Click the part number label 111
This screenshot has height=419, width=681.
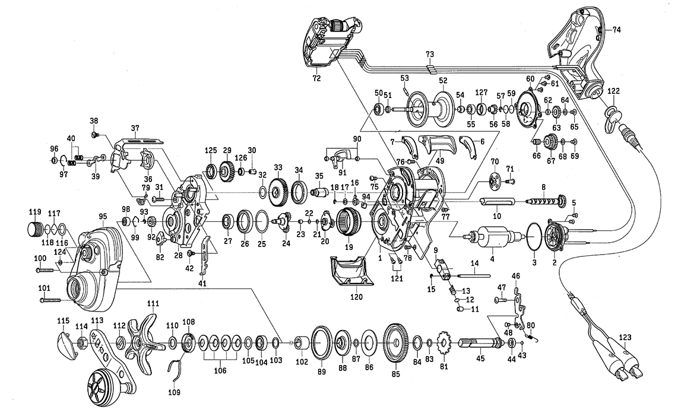click(x=153, y=303)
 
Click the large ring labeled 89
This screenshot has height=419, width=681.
click(x=321, y=344)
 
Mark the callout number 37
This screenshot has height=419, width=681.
click(x=135, y=128)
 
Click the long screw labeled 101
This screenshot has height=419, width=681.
click(x=52, y=300)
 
